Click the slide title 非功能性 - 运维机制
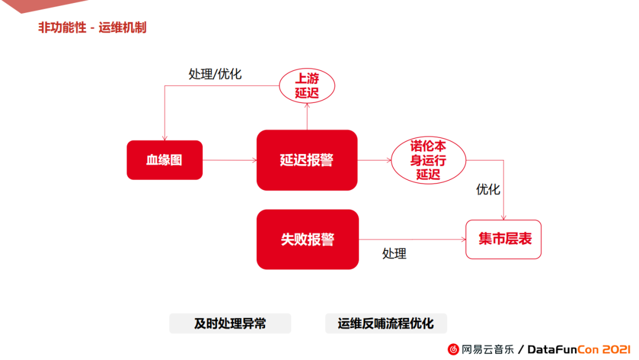click(x=92, y=28)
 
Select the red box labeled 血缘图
click(x=164, y=160)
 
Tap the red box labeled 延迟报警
click(x=306, y=160)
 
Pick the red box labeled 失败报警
click(x=307, y=239)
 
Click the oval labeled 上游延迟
click(x=306, y=86)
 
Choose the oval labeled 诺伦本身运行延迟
click(x=428, y=160)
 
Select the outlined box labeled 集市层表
click(x=504, y=239)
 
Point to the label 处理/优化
click(x=215, y=74)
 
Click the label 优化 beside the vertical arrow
click(x=488, y=189)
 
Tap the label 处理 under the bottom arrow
click(x=394, y=253)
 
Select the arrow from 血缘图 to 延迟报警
click(x=230, y=160)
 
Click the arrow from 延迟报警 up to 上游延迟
click(x=307, y=117)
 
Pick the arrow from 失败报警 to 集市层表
click(x=412, y=239)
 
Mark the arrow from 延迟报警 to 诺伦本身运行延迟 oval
click(x=374, y=160)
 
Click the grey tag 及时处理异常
click(x=230, y=323)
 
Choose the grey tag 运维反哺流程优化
click(x=386, y=323)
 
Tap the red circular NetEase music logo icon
click(x=453, y=349)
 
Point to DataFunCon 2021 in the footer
click(x=570, y=349)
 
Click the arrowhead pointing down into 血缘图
click(x=164, y=137)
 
